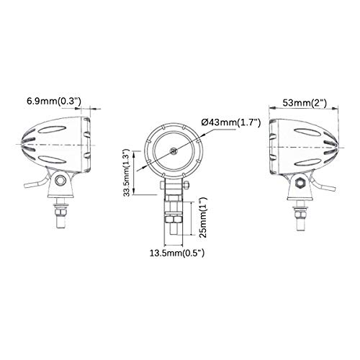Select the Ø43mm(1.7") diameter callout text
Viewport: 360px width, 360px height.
pyautogui.click(x=232, y=122)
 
